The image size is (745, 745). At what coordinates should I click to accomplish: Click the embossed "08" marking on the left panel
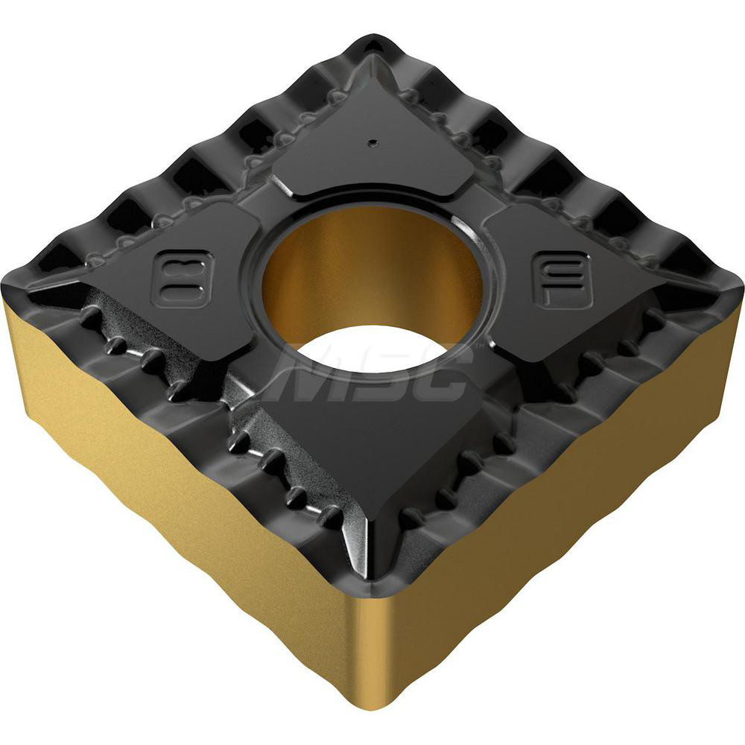tap(182, 278)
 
